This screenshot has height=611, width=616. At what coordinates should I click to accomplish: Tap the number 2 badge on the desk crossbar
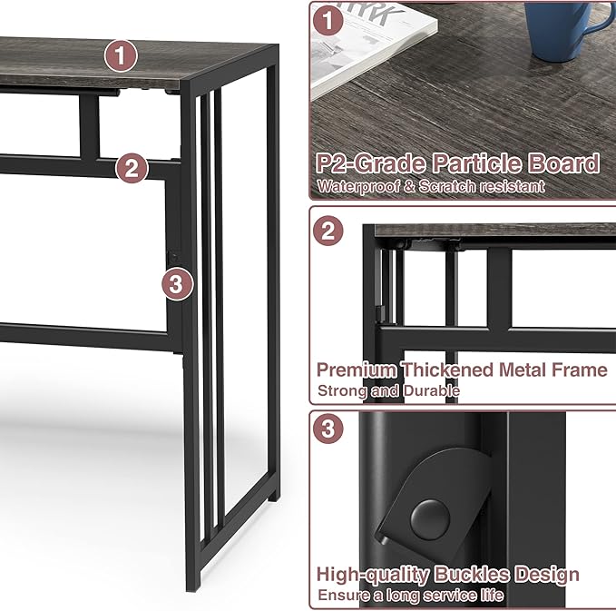[x=132, y=167]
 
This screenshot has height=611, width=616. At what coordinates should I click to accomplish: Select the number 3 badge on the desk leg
[x=178, y=284]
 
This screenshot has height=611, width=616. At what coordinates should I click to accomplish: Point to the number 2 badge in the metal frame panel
[x=329, y=230]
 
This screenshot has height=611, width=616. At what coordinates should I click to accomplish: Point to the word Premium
[x=357, y=370]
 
